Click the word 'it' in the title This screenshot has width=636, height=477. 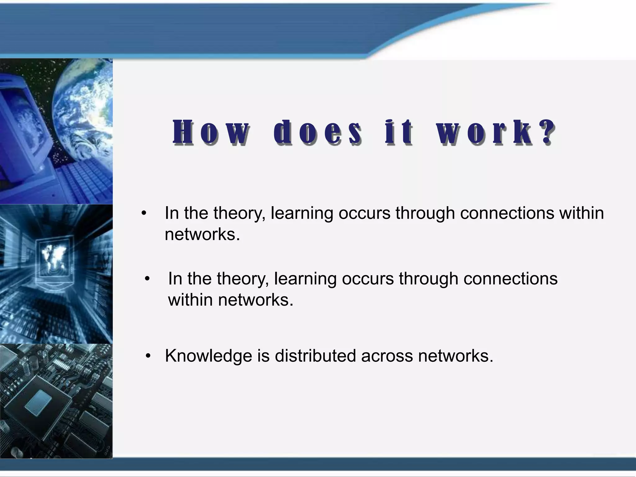pos(399,133)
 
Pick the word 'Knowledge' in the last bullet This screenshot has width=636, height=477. pos(208,356)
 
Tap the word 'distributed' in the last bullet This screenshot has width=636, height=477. pos(315,356)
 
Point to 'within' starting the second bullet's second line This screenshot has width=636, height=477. pos(190,300)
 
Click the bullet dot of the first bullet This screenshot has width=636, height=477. pos(143,213)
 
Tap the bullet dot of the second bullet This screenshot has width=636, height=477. pos(147,279)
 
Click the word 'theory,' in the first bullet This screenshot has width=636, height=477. pos(239,213)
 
